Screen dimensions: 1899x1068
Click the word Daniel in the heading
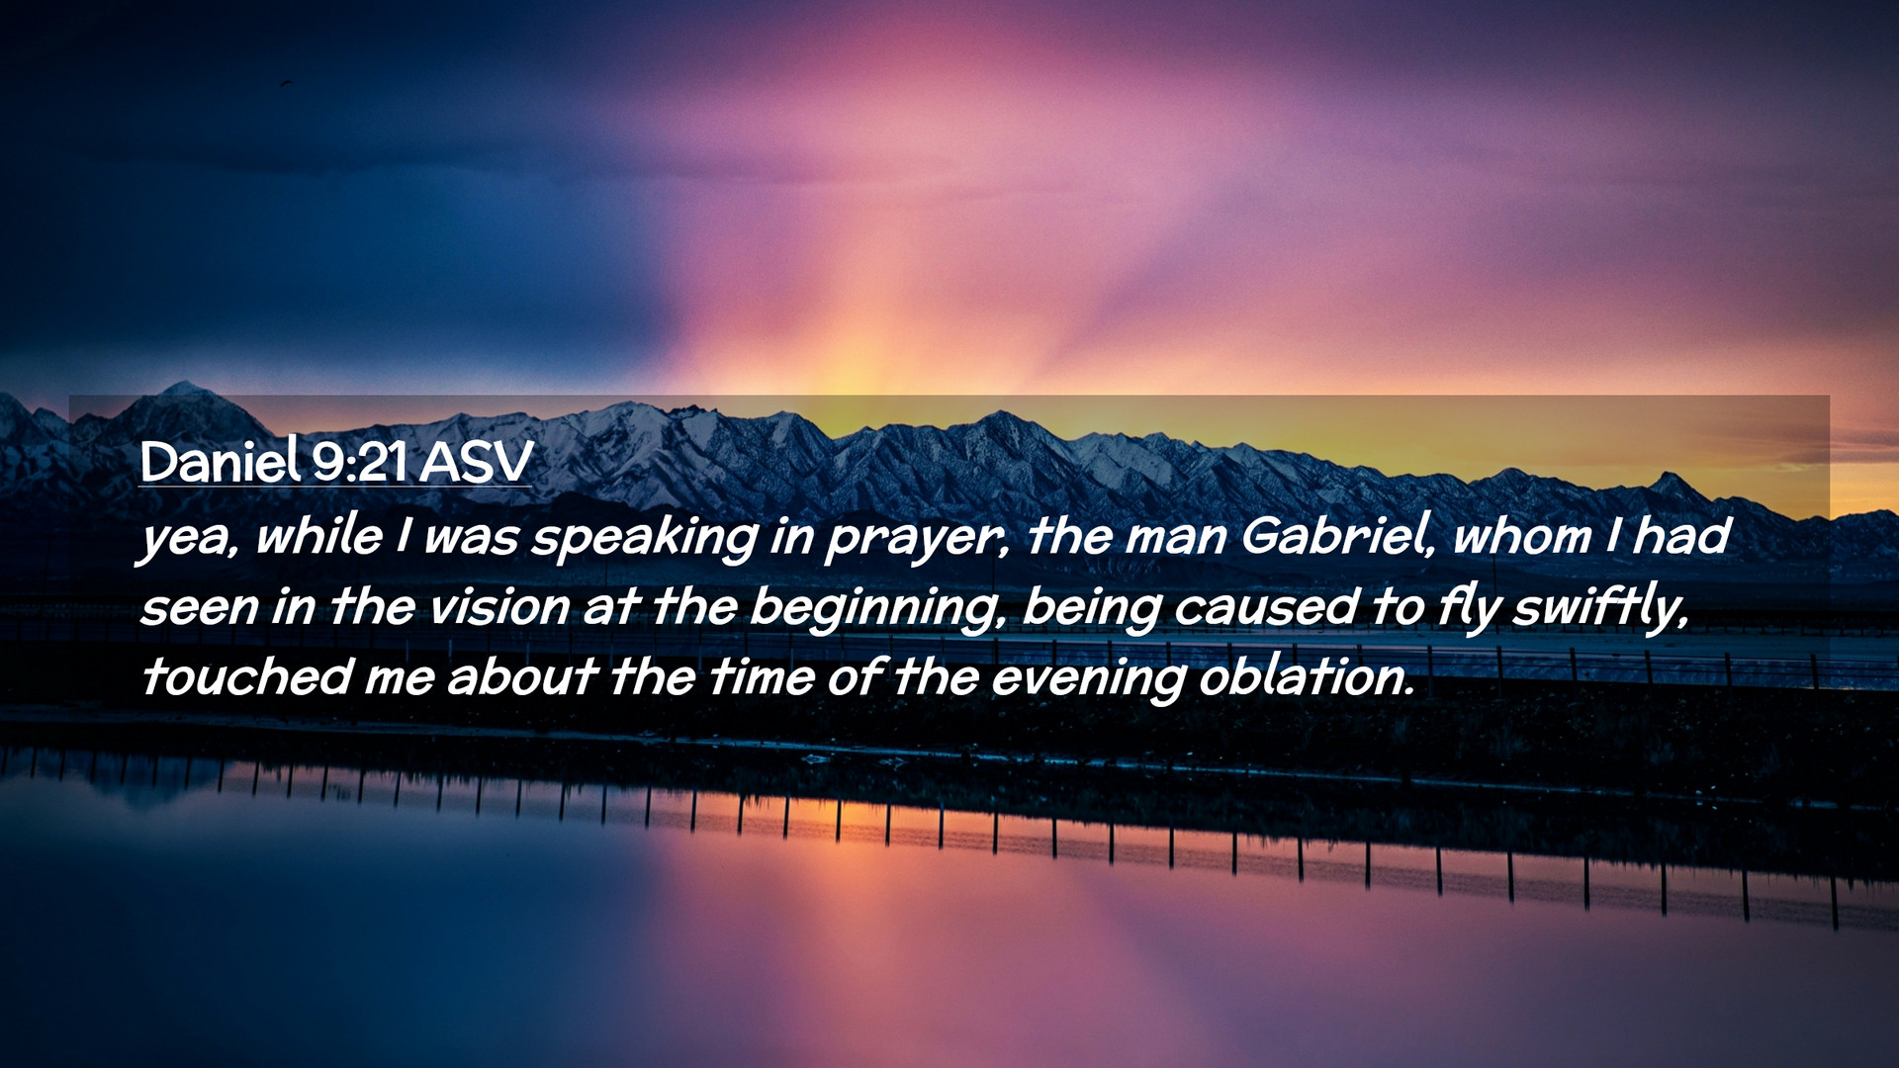tap(220, 461)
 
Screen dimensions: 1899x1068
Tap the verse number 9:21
tap(359, 462)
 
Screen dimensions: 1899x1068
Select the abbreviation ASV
tap(476, 462)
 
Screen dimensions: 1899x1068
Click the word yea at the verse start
tap(188, 539)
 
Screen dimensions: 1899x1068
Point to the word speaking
tap(645, 538)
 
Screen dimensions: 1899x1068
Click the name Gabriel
tap(1336, 536)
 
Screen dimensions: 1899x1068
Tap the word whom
tap(1522, 536)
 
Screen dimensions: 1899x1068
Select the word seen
tap(199, 607)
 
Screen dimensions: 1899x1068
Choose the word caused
tap(1266, 606)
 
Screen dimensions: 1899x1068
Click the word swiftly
tap(1600, 608)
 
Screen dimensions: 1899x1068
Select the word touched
tap(245, 677)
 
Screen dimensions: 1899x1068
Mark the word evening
tap(1088, 679)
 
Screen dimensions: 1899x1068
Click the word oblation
tap(1306, 677)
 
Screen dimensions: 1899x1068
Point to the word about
tap(521, 677)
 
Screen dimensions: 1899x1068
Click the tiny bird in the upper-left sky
tap(287, 83)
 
